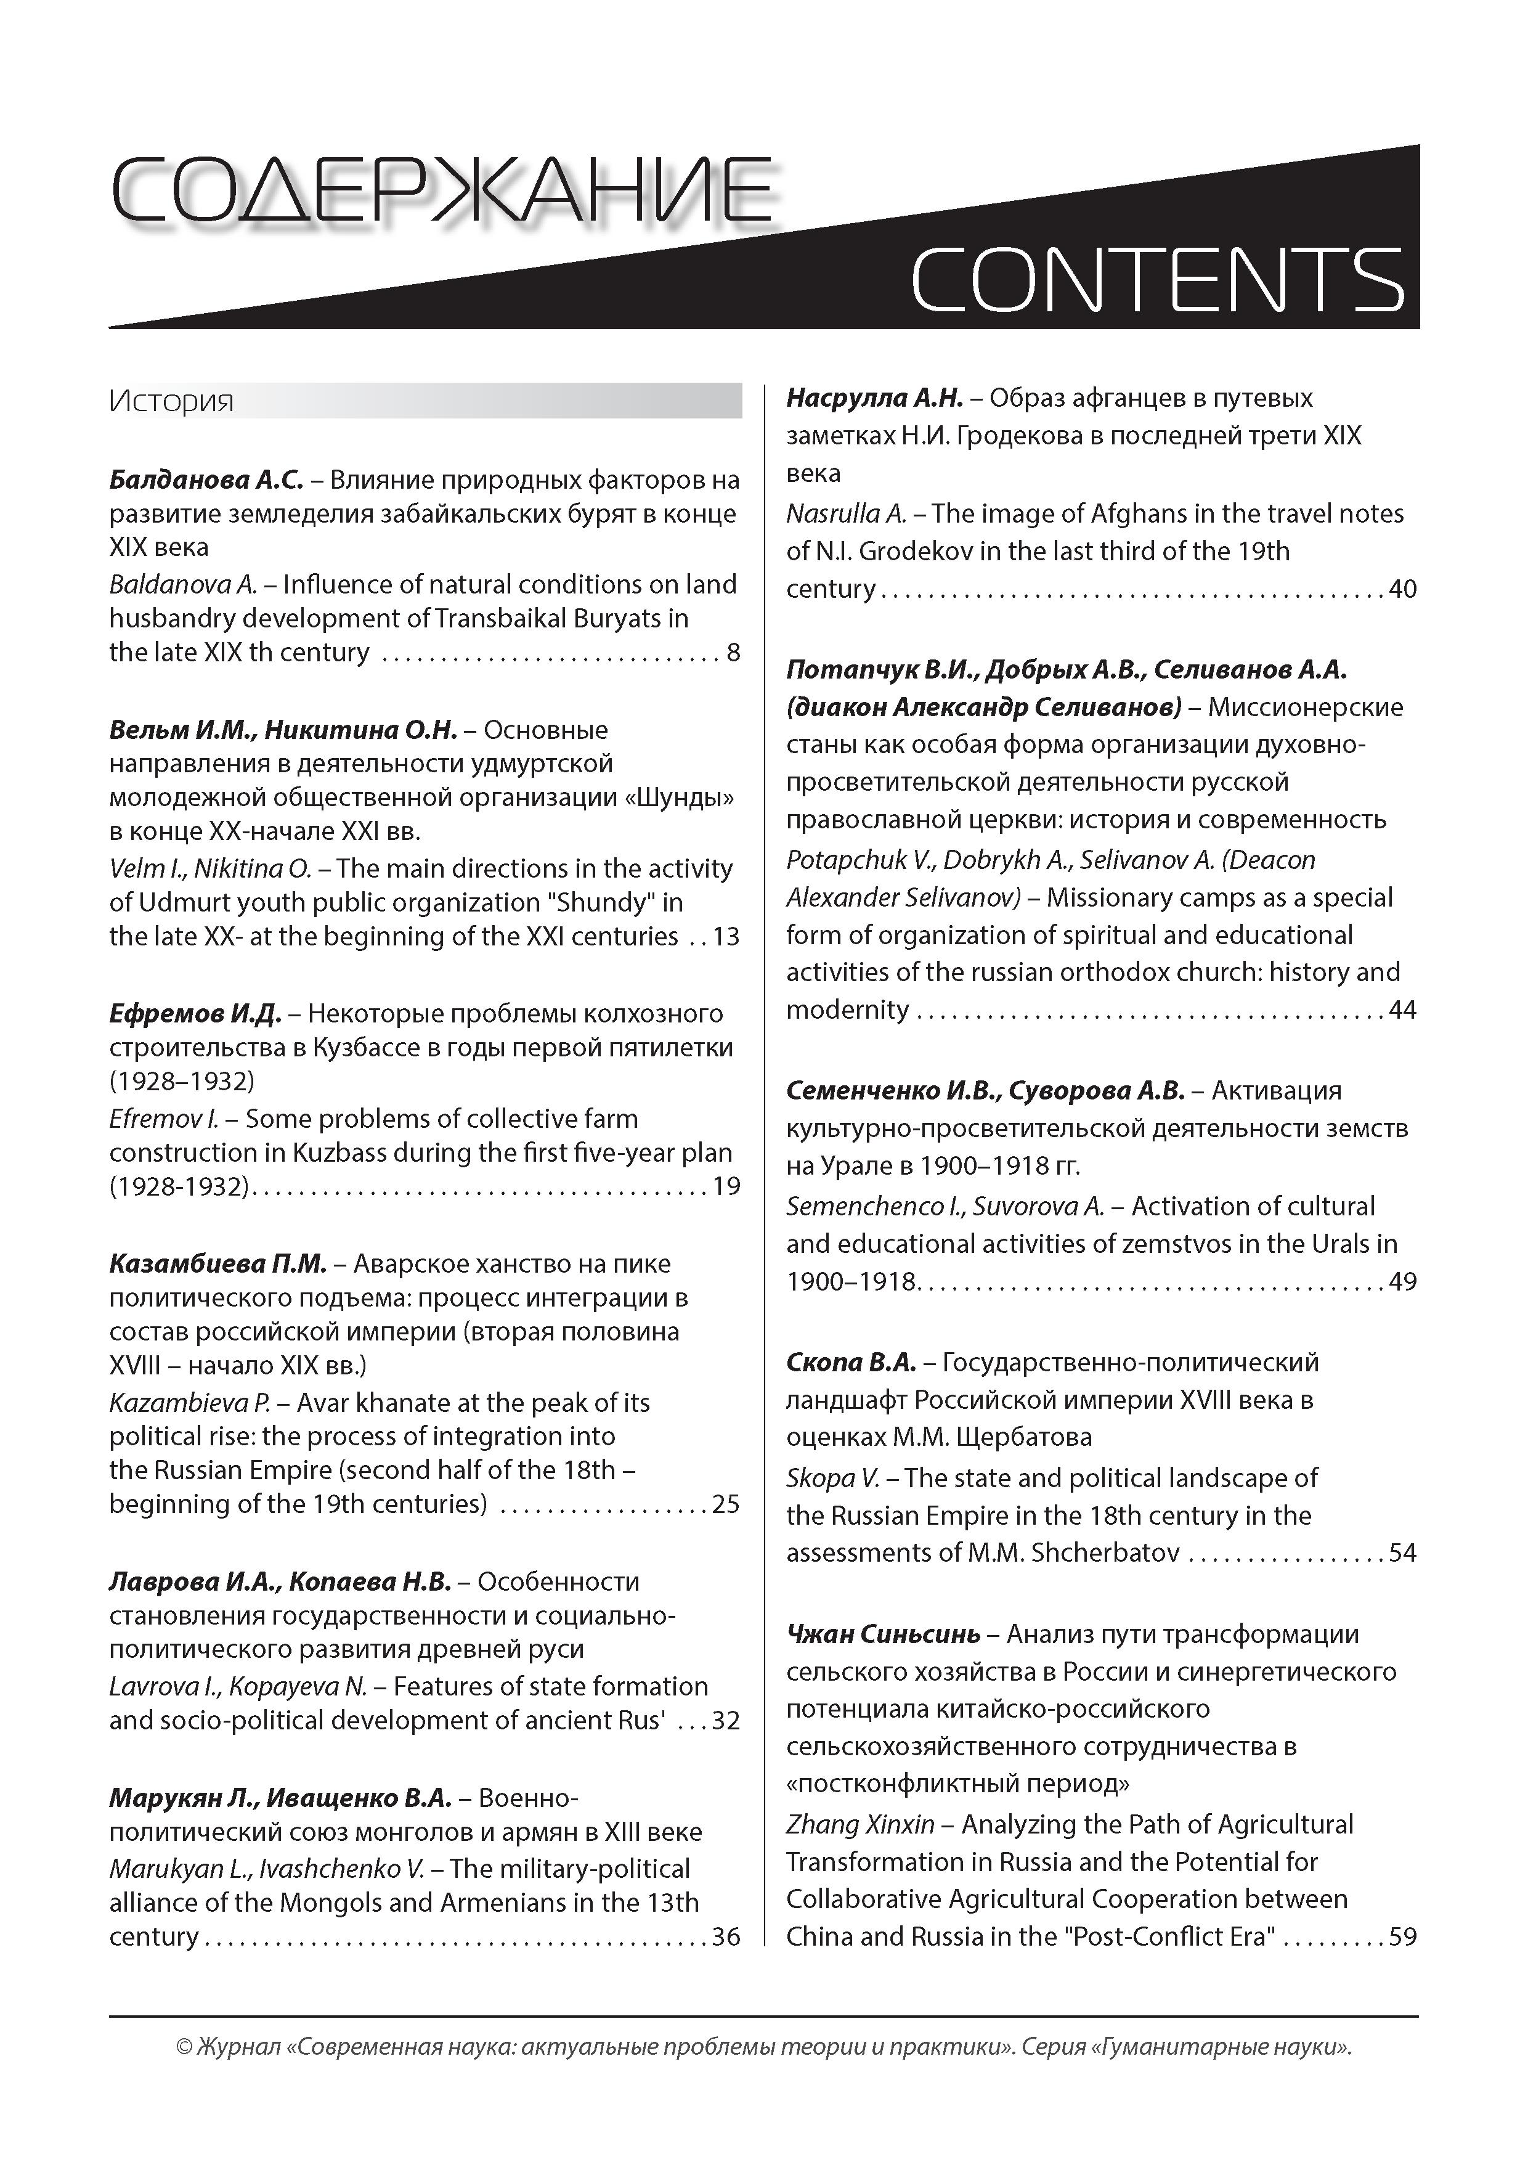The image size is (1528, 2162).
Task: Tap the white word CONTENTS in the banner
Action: pos(1157,280)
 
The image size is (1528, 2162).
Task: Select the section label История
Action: pos(171,401)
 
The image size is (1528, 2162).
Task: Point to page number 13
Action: pos(726,936)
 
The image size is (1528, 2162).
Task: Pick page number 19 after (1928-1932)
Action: pos(726,1186)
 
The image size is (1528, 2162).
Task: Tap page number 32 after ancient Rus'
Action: pos(725,1720)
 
